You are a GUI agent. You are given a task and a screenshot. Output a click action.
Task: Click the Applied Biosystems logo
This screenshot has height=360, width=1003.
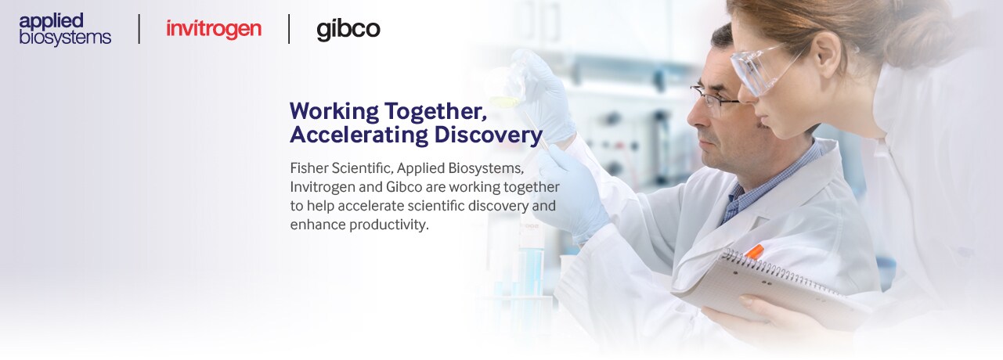coord(65,29)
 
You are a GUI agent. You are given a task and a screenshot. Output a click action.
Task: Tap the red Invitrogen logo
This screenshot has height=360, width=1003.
coord(214,29)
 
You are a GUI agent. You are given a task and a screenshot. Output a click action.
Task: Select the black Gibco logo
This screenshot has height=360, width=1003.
coord(348,30)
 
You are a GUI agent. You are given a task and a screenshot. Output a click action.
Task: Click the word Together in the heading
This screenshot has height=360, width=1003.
coord(435,111)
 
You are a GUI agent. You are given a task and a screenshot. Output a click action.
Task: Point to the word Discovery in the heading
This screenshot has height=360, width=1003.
coord(488,135)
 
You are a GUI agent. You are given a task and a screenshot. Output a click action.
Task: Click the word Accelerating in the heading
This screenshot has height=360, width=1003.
coord(359,135)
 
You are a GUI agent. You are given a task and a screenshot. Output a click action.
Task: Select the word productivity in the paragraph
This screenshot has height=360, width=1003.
coord(388,225)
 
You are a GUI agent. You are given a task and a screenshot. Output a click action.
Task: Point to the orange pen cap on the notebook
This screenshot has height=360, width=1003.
coord(755,251)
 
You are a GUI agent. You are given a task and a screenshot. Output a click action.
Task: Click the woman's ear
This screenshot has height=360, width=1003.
coord(828,53)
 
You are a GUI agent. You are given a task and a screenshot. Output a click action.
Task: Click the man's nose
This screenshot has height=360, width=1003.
coord(695,117)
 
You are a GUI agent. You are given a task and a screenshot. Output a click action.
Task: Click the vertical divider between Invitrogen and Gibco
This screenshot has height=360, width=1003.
coord(289,29)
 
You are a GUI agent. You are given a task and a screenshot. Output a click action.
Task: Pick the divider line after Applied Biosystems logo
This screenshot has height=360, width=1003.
coord(139,29)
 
